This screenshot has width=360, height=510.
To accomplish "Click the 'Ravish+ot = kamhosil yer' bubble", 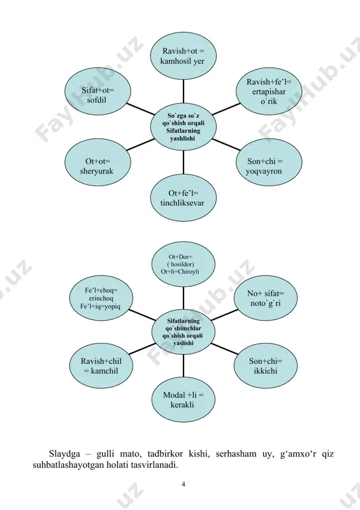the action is click(x=184, y=55).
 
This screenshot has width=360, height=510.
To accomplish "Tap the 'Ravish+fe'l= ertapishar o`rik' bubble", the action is click(x=269, y=91).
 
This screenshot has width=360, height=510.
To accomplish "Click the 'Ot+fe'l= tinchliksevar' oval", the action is click(x=184, y=198).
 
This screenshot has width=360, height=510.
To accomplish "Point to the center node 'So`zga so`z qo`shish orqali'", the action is click(x=184, y=127).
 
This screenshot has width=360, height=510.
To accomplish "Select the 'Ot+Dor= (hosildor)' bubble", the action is click(x=184, y=264).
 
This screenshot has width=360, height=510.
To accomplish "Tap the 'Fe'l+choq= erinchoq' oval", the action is click(x=101, y=298).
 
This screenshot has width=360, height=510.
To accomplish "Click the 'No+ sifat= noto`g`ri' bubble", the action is click(x=266, y=298).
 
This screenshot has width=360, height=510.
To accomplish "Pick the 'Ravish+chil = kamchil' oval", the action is click(x=101, y=365).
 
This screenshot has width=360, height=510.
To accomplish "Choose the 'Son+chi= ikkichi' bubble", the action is click(x=266, y=365).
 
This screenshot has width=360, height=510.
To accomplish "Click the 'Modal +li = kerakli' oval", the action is click(x=184, y=400).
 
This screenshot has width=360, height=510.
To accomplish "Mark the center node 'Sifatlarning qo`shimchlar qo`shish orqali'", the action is click(x=184, y=331).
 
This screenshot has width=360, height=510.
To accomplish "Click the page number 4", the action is click(x=184, y=484).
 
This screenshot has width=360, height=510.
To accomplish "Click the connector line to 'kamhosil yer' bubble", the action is click(x=184, y=92).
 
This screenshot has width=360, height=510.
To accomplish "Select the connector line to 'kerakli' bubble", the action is click(x=184, y=365).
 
